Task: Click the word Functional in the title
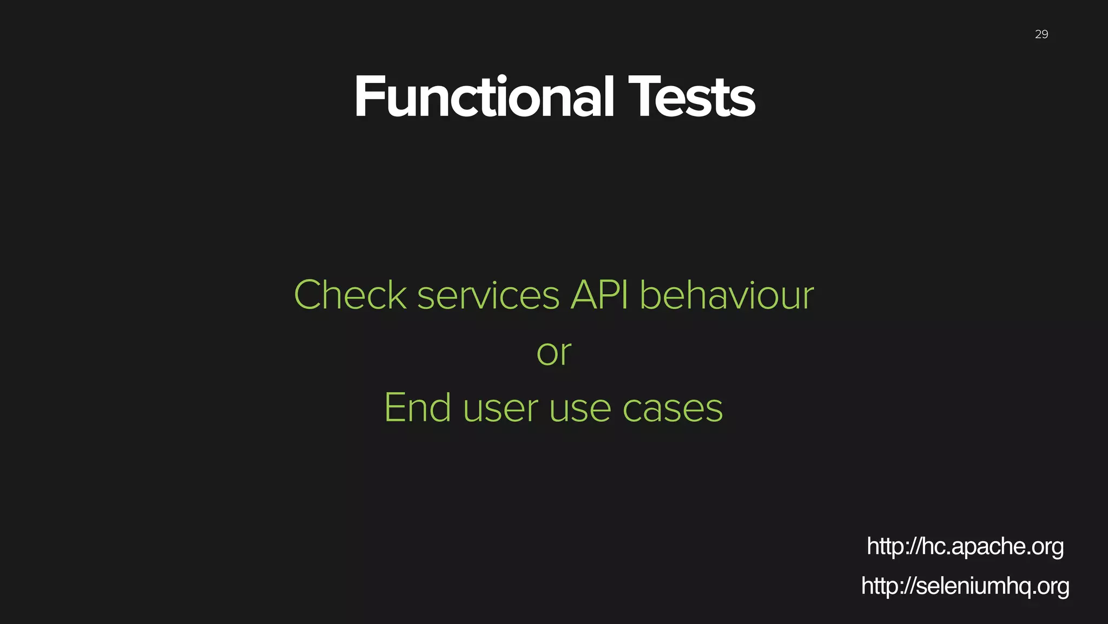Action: pyautogui.click(x=484, y=97)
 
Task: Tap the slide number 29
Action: pyautogui.click(x=1041, y=35)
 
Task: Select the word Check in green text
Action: pyautogui.click(x=350, y=296)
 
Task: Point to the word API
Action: pyautogui.click(x=599, y=296)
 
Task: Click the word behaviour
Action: pyautogui.click(x=727, y=296)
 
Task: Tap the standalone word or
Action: pyautogui.click(x=554, y=353)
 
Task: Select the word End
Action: pyautogui.click(x=417, y=408)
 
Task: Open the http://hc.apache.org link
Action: pyautogui.click(x=965, y=547)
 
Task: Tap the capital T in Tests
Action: pyautogui.click(x=643, y=97)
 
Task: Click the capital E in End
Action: pyautogui.click(x=394, y=408)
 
